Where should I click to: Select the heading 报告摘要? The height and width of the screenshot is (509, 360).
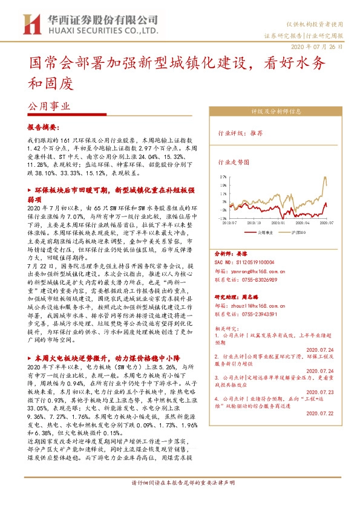[x=44, y=128]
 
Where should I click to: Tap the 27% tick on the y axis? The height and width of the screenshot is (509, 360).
[x=223, y=175]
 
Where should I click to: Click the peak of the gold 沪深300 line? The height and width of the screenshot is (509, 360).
[x=326, y=177]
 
